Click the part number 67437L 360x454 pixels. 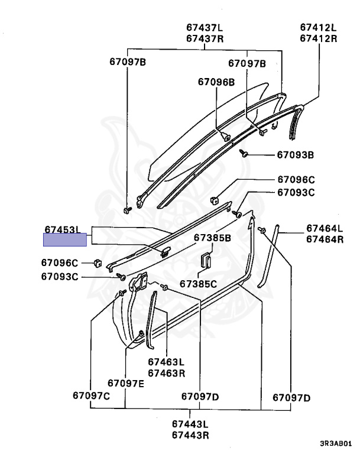coord(205,28)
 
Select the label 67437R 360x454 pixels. coord(205,39)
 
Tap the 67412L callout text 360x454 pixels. coord(318,28)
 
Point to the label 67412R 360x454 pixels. coord(318,39)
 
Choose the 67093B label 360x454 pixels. coord(296,155)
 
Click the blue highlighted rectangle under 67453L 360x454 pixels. coord(65,240)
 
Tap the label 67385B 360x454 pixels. coord(213,238)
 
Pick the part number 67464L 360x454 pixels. coord(325,228)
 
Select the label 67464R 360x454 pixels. coord(325,239)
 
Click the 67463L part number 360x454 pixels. coord(167,362)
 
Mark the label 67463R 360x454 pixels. coord(167,373)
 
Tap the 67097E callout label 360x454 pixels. coord(126,383)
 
